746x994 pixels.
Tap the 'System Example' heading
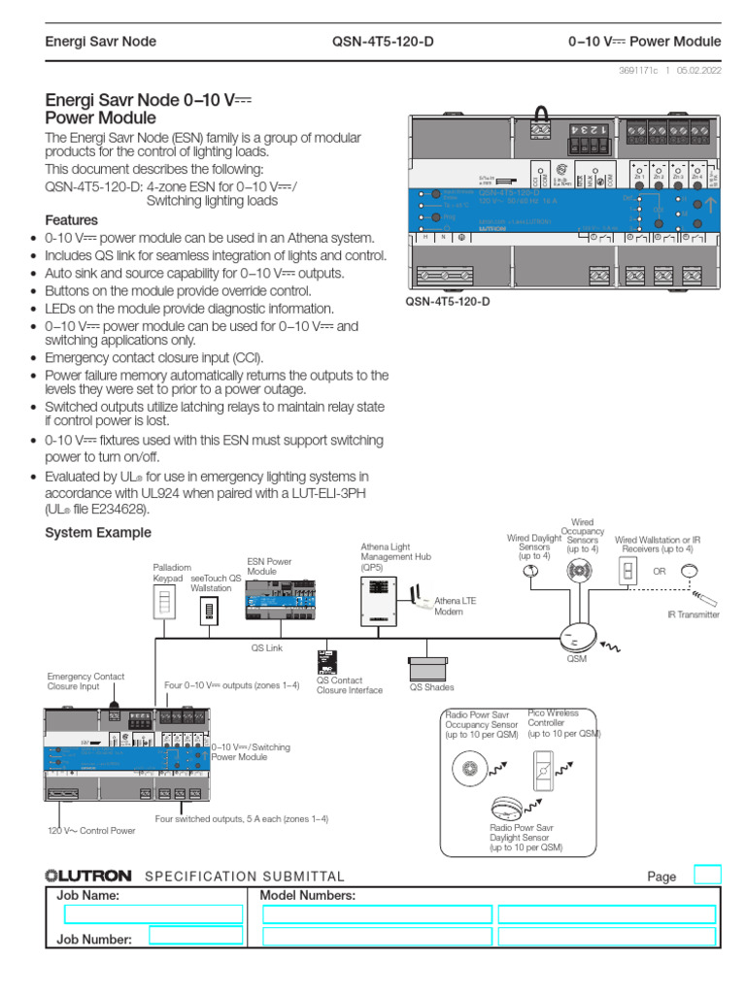pos(98,533)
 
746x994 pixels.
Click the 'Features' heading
pos(72,219)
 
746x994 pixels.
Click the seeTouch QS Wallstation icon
pos(209,612)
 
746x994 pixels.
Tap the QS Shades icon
pos(428,668)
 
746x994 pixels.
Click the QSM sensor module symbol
pos(577,637)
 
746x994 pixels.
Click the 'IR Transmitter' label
pos(693,614)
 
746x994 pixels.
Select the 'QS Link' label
pos(266,648)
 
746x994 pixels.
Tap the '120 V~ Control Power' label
pos(91,831)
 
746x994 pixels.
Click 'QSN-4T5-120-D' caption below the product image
pos(448,303)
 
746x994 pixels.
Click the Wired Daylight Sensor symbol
pos(531,573)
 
